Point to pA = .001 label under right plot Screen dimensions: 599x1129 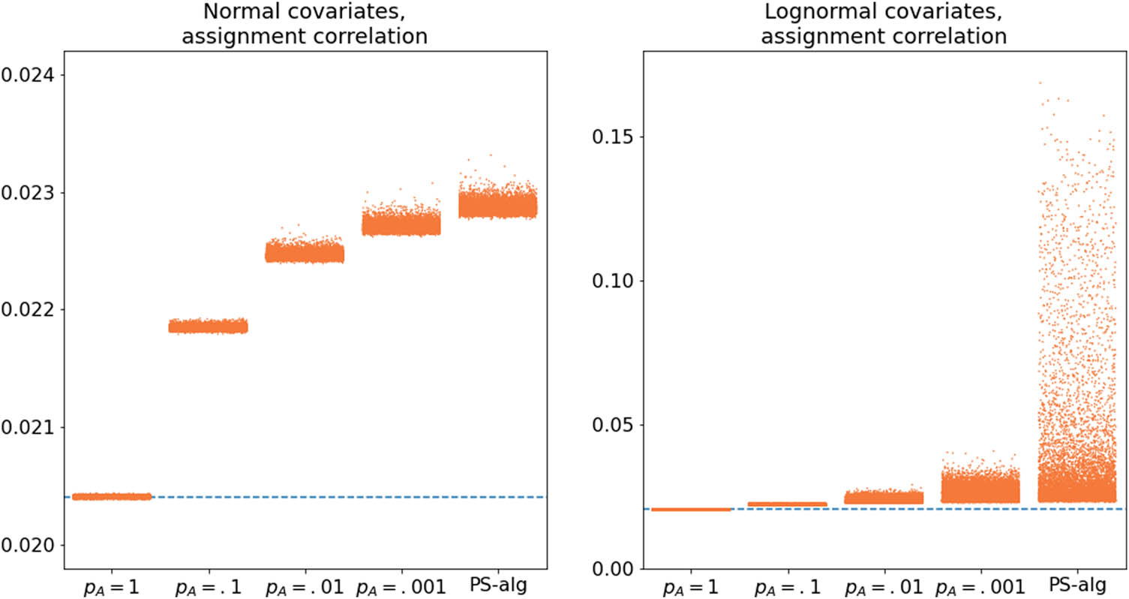pyautogui.click(x=980, y=585)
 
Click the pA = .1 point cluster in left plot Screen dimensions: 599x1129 pyautogui.click(x=208, y=326)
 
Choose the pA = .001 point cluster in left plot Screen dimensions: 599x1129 pyautogui.click(x=401, y=224)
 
